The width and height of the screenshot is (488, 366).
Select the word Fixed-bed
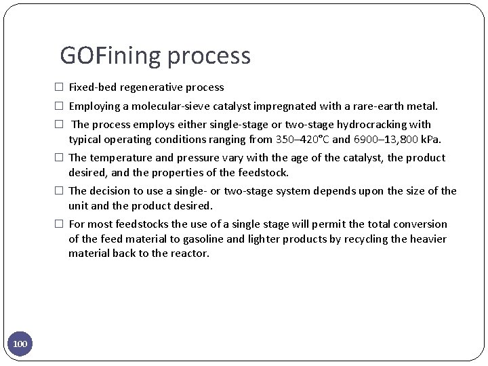92,87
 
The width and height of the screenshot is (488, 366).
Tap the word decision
114,191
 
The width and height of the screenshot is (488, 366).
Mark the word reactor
191,253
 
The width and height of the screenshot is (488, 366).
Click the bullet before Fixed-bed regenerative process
60,87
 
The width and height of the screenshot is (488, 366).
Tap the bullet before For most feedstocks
60,224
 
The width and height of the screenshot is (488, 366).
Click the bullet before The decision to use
60,191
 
